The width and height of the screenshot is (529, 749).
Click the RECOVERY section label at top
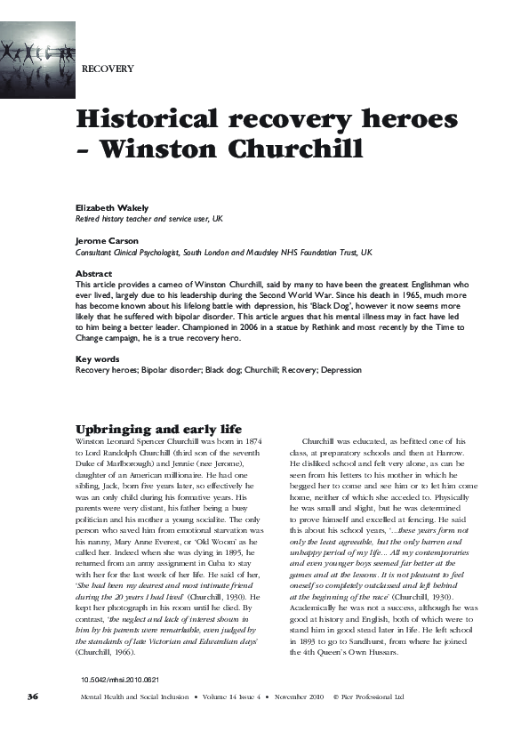tap(108, 68)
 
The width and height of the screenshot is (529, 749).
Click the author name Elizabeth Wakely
tap(112, 207)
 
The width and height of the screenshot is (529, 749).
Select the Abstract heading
tap(94, 274)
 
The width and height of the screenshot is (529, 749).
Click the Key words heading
tap(97, 358)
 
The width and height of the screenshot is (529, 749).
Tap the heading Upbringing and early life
tap(159, 429)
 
